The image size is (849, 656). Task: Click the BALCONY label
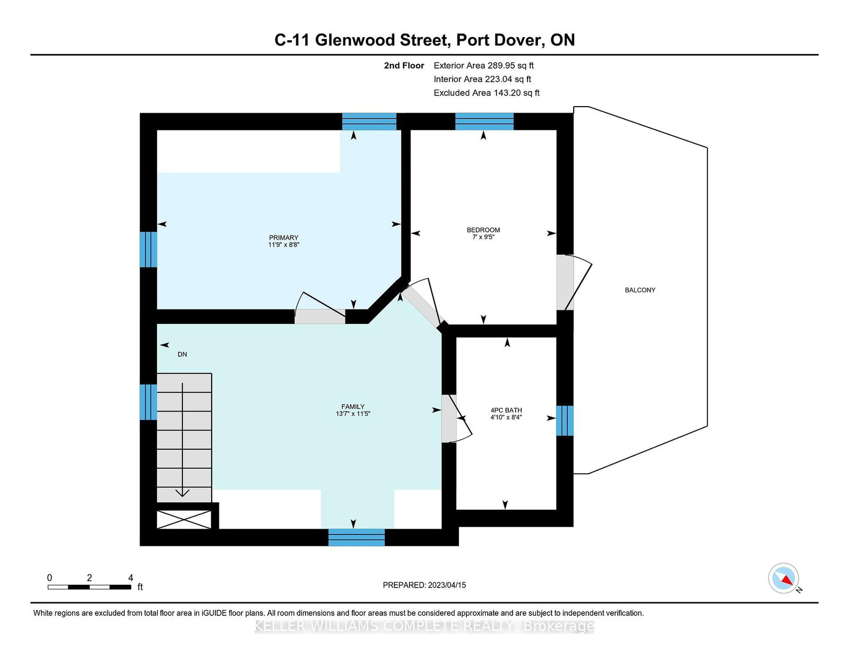point(640,290)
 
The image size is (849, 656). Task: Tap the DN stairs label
point(182,354)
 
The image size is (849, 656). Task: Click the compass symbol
point(783,578)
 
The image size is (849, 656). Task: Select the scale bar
point(90,587)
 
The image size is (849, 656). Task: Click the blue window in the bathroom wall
point(565,421)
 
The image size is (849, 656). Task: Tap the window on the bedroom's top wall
point(484,121)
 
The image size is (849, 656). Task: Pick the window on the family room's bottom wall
point(357,537)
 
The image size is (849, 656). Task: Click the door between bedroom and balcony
point(574,282)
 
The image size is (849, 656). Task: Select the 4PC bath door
point(456,418)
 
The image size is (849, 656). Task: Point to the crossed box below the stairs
point(184,519)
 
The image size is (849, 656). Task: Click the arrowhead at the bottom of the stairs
point(183,493)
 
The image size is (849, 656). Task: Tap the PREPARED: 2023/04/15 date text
point(424,585)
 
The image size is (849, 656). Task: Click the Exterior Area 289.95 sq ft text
point(484,66)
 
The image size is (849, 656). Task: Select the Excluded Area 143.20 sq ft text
point(487,93)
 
